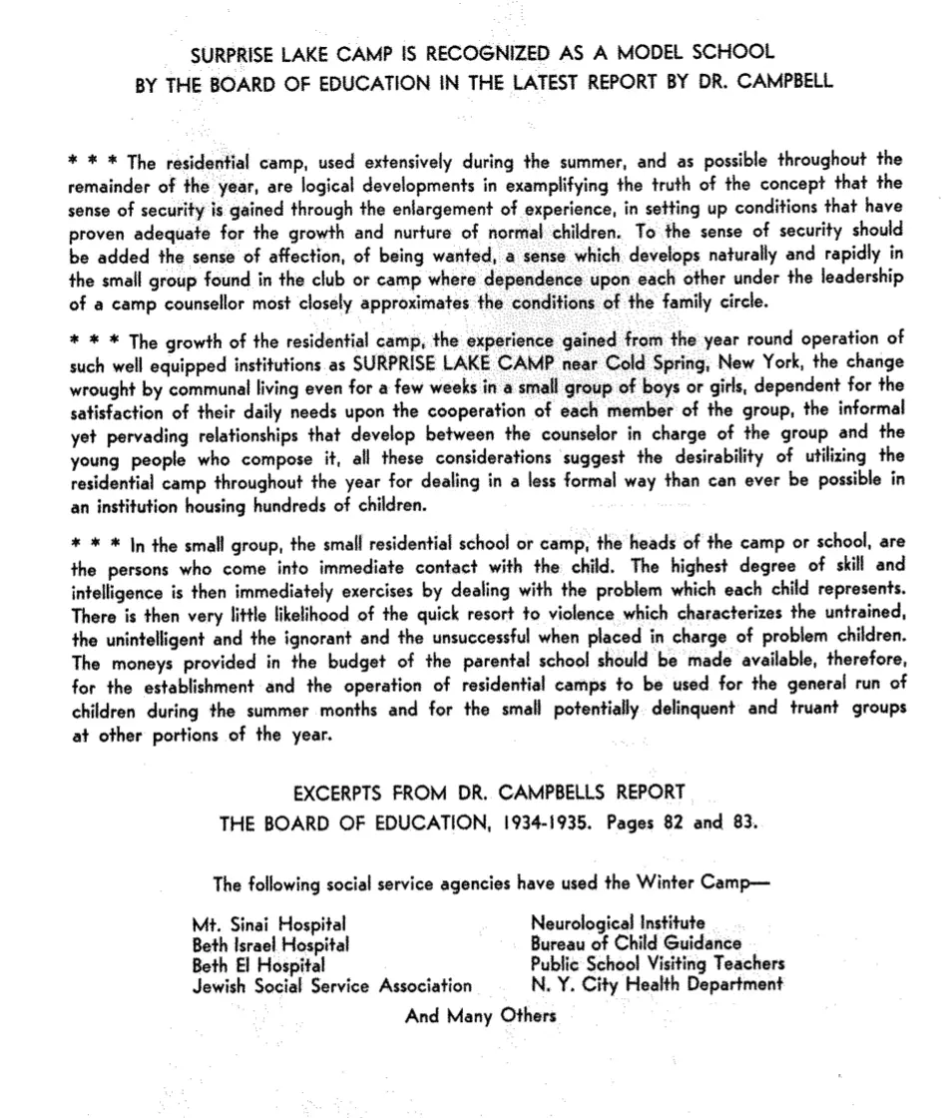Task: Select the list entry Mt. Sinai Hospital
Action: pos(269,924)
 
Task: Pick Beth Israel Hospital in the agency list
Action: pos(270,944)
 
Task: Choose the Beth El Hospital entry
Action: pos(258,965)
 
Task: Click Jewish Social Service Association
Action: pos(332,986)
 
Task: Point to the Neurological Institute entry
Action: pos(618,923)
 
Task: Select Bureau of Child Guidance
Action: pos(637,943)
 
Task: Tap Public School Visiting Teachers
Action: pos(658,964)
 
